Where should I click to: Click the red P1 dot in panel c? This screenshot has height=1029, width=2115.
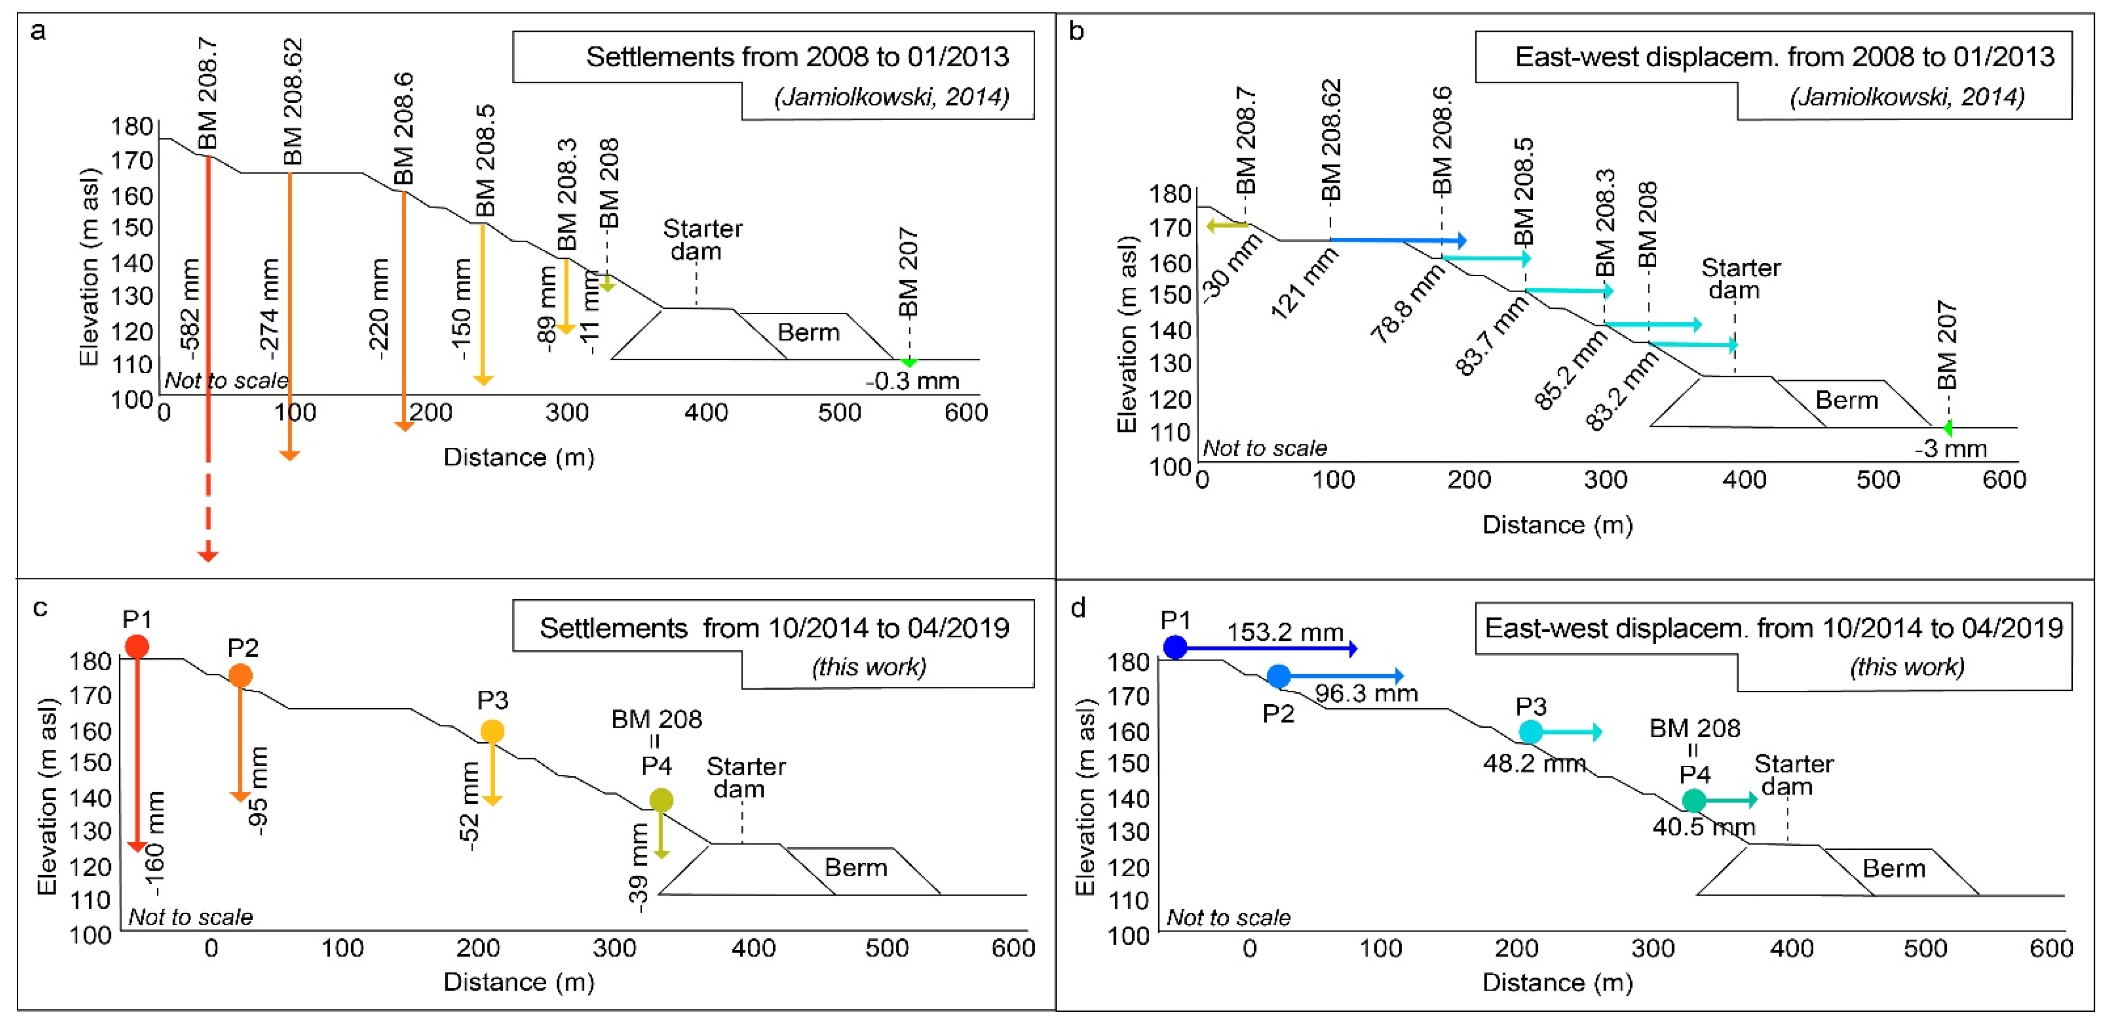(x=137, y=646)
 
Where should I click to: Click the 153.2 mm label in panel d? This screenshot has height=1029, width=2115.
(x=1285, y=632)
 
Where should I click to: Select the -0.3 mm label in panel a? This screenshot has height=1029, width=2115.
(x=912, y=381)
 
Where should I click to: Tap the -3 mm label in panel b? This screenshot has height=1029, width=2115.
(x=1951, y=449)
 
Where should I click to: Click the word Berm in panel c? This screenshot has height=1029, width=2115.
(x=856, y=868)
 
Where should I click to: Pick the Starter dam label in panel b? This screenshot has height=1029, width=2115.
(x=1741, y=279)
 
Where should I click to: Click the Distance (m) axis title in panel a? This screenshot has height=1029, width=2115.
(x=519, y=457)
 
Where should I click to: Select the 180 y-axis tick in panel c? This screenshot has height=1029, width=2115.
(x=90, y=661)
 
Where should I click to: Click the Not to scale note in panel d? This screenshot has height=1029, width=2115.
(x=1228, y=918)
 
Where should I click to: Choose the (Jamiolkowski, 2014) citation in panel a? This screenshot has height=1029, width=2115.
(x=892, y=98)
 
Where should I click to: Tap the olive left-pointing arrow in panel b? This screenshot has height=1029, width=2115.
(x=1227, y=225)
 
